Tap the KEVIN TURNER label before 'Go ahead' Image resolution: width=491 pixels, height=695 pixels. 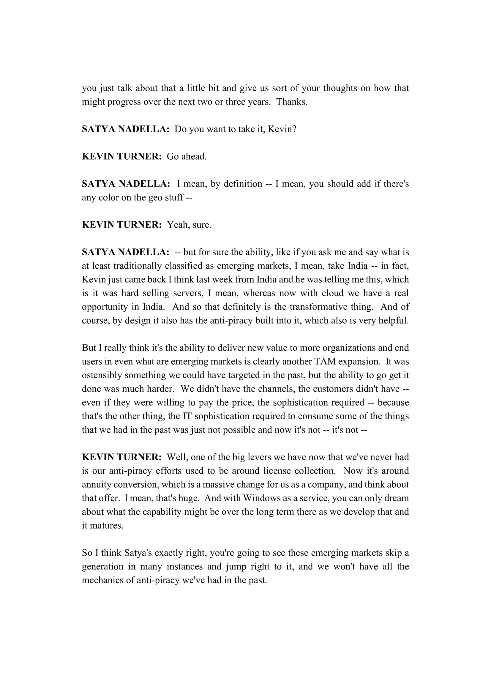pos(121,157)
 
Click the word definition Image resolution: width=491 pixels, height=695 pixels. pos(243,184)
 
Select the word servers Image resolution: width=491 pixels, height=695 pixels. pos(187,293)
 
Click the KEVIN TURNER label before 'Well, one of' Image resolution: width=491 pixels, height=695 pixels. pos(121,457)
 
